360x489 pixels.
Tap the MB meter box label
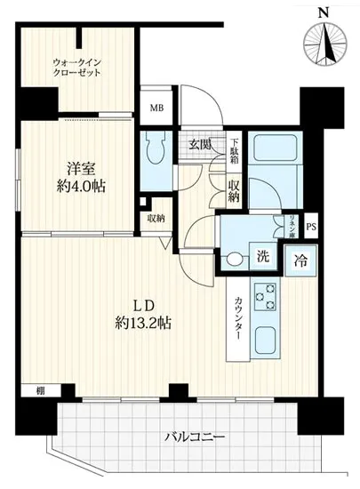[156, 108]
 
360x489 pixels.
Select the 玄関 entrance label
[198, 145]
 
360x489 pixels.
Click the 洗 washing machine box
[263, 258]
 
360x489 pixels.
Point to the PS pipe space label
[310, 227]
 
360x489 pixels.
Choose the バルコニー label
[195, 437]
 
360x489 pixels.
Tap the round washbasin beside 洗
[235, 261]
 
